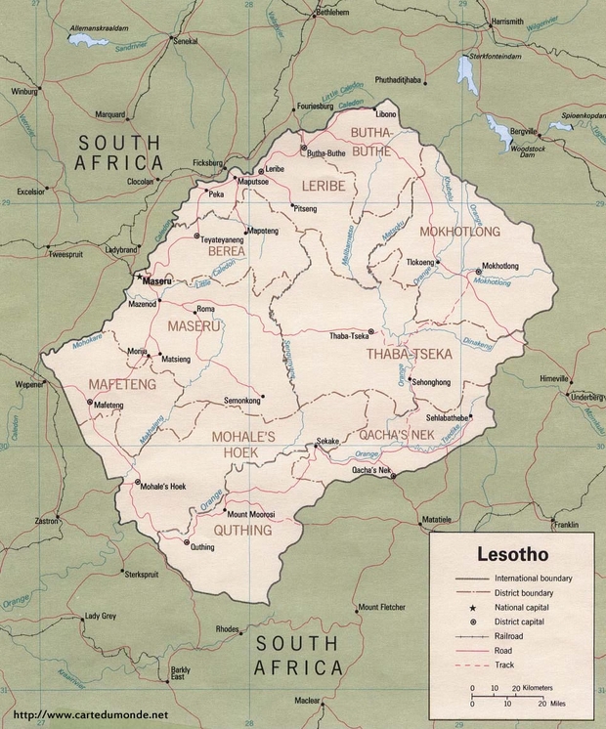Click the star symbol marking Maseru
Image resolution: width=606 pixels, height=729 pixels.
point(137,279)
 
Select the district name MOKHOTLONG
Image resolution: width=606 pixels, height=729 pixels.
point(459,232)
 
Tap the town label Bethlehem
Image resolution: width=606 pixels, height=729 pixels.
point(330,14)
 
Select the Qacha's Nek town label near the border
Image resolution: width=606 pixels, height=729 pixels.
point(370,471)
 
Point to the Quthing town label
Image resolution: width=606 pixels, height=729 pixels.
point(202,547)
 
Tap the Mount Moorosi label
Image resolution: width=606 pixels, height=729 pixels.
point(251,514)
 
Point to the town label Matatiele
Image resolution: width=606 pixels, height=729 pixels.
point(437,519)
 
